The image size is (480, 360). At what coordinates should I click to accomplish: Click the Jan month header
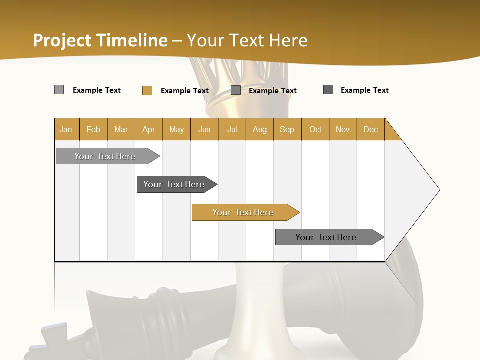click(x=66, y=129)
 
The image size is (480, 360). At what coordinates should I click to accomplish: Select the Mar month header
click(x=121, y=129)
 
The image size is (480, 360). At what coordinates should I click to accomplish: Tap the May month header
click(x=176, y=129)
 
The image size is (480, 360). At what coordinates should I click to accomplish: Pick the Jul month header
click(x=232, y=129)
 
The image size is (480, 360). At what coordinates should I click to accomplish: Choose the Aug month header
click(x=259, y=129)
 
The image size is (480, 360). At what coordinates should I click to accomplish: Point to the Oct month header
click(x=315, y=129)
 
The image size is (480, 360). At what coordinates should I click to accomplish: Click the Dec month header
click(x=370, y=129)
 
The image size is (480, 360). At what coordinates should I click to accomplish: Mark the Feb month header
click(x=93, y=129)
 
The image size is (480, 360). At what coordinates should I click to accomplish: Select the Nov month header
click(x=343, y=129)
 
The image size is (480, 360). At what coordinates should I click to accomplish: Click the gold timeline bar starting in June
click(x=243, y=212)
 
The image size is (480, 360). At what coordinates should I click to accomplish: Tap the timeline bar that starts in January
click(x=105, y=156)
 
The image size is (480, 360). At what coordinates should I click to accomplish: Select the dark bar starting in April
click(x=174, y=184)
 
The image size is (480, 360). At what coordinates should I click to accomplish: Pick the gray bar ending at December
click(x=326, y=237)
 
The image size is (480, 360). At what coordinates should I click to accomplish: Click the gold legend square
click(x=147, y=90)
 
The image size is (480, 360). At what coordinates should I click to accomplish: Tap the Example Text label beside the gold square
click(x=184, y=91)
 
